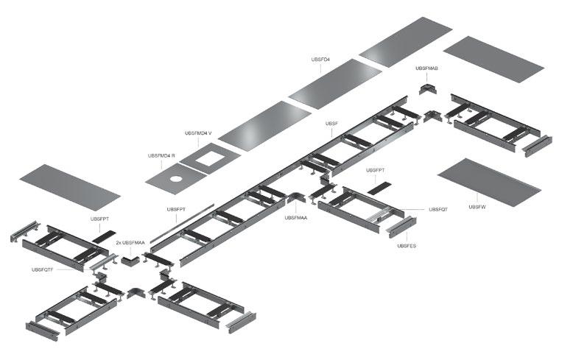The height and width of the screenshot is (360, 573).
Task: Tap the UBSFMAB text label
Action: (426, 68)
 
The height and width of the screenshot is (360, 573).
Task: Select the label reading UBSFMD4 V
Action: (198, 133)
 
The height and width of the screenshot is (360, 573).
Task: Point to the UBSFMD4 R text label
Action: (162, 156)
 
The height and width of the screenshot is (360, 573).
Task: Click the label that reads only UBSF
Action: (331, 124)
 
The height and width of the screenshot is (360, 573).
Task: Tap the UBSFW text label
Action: (477, 207)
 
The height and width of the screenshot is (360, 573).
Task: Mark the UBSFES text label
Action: (407, 245)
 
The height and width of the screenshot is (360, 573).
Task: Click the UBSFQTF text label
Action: (43, 269)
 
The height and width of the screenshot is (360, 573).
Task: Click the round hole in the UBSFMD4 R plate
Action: (176, 178)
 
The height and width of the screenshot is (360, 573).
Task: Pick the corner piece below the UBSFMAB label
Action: (427, 88)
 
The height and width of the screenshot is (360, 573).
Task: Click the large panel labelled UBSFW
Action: (488, 180)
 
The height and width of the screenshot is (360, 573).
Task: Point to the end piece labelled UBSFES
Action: (401, 227)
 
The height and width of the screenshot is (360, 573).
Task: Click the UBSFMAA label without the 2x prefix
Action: (297, 217)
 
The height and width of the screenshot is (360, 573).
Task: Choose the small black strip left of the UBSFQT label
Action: (378, 188)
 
